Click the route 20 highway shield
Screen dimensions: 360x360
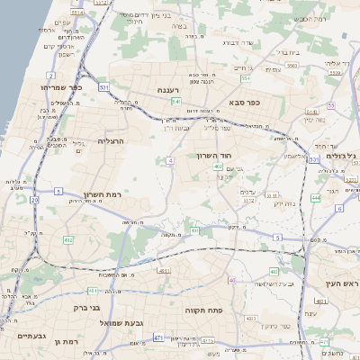pyautogui.click(x=34, y=200)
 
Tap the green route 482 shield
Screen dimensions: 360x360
pyautogui.click(x=68, y=240)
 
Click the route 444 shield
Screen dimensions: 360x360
pyautogui.click(x=315, y=197)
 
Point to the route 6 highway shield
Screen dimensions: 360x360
pyautogui.click(x=339, y=208)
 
